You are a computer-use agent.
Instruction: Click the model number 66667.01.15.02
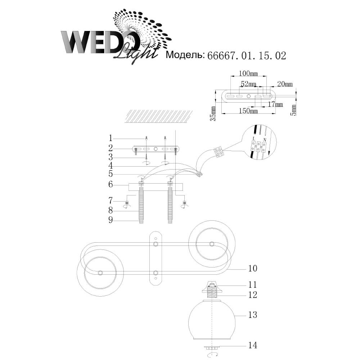coord(247,56)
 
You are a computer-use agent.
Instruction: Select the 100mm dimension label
coord(248,73)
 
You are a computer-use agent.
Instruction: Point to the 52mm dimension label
coord(248,84)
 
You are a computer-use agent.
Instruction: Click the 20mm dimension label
coord(285,84)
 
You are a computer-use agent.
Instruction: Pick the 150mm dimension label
coord(248,111)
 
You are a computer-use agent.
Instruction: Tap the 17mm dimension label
coord(275,104)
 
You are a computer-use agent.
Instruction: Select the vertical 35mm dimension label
coord(213,114)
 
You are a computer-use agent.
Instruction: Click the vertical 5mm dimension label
coord(293,110)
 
